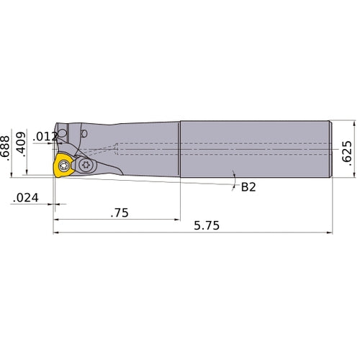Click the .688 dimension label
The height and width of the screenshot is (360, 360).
pyautogui.click(x=6, y=147)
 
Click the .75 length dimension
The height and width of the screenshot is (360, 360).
pyautogui.click(x=121, y=212)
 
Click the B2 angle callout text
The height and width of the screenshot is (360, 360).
pyautogui.click(x=248, y=187)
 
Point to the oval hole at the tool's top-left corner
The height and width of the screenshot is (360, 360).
pyautogui.click(x=63, y=134)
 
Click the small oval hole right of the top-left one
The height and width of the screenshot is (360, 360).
pyautogui.click(x=85, y=133)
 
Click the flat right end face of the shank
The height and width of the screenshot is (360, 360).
pyautogui.click(x=331, y=149)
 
